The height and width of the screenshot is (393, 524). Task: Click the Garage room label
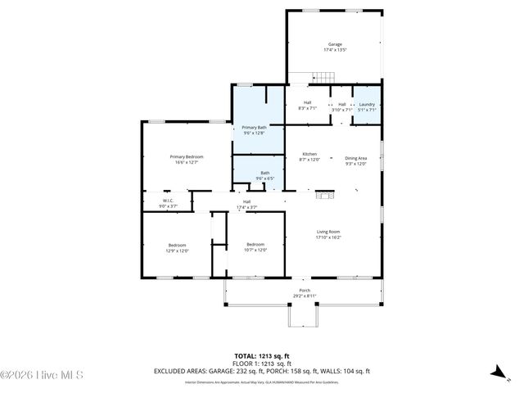click(x=335, y=44)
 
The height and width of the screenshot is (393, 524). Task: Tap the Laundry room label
click(x=367, y=104)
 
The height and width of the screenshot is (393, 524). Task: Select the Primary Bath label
click(x=254, y=127)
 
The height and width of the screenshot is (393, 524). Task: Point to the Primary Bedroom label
click(x=187, y=156)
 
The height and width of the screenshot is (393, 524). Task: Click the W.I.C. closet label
click(x=167, y=201)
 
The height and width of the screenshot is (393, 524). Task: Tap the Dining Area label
click(x=355, y=158)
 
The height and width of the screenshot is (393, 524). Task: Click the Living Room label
click(x=328, y=232)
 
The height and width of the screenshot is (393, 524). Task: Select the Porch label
click(x=305, y=291)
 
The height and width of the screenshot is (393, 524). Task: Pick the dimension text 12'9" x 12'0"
click(x=178, y=251)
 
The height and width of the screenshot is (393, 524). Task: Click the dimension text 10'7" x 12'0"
click(x=256, y=251)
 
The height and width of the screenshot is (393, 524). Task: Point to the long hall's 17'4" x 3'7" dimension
click(x=246, y=207)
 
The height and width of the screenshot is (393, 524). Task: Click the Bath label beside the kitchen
click(x=264, y=173)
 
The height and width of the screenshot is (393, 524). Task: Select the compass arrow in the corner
click(x=496, y=371)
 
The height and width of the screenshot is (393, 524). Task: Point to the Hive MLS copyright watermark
click(x=43, y=376)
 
